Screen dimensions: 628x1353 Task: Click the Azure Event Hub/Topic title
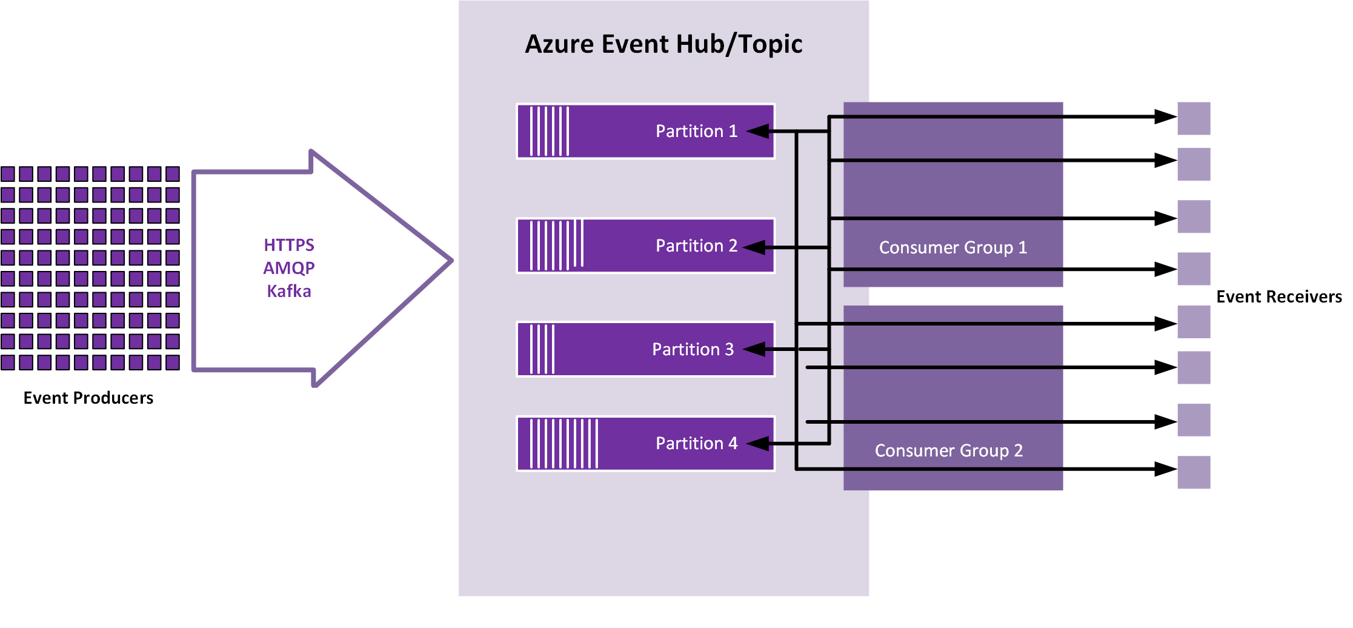tap(663, 44)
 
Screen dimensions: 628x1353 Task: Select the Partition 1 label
tap(696, 131)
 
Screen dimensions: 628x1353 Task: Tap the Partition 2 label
tap(696, 246)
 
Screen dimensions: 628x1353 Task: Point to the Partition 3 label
tap(693, 349)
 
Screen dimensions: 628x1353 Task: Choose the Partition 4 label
tap(696, 443)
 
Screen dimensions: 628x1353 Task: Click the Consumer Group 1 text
tap(952, 247)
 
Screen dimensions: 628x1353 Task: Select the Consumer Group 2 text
tap(948, 450)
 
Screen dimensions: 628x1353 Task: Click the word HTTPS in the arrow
tap(289, 245)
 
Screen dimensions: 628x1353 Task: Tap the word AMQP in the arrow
tap(289, 268)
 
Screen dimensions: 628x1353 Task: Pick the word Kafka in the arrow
tap(289, 291)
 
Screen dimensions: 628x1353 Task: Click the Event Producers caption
tap(88, 398)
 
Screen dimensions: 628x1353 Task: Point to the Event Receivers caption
tap(1278, 296)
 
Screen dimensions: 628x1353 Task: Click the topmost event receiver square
tap(1194, 118)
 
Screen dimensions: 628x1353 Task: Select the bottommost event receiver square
tap(1194, 472)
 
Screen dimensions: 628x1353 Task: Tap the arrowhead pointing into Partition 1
tap(757, 132)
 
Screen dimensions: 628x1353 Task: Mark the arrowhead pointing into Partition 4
tap(757, 444)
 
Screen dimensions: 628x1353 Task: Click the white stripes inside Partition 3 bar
tap(542, 349)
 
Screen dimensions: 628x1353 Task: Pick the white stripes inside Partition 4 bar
tap(564, 443)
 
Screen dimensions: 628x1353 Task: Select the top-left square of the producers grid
tap(8, 174)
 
